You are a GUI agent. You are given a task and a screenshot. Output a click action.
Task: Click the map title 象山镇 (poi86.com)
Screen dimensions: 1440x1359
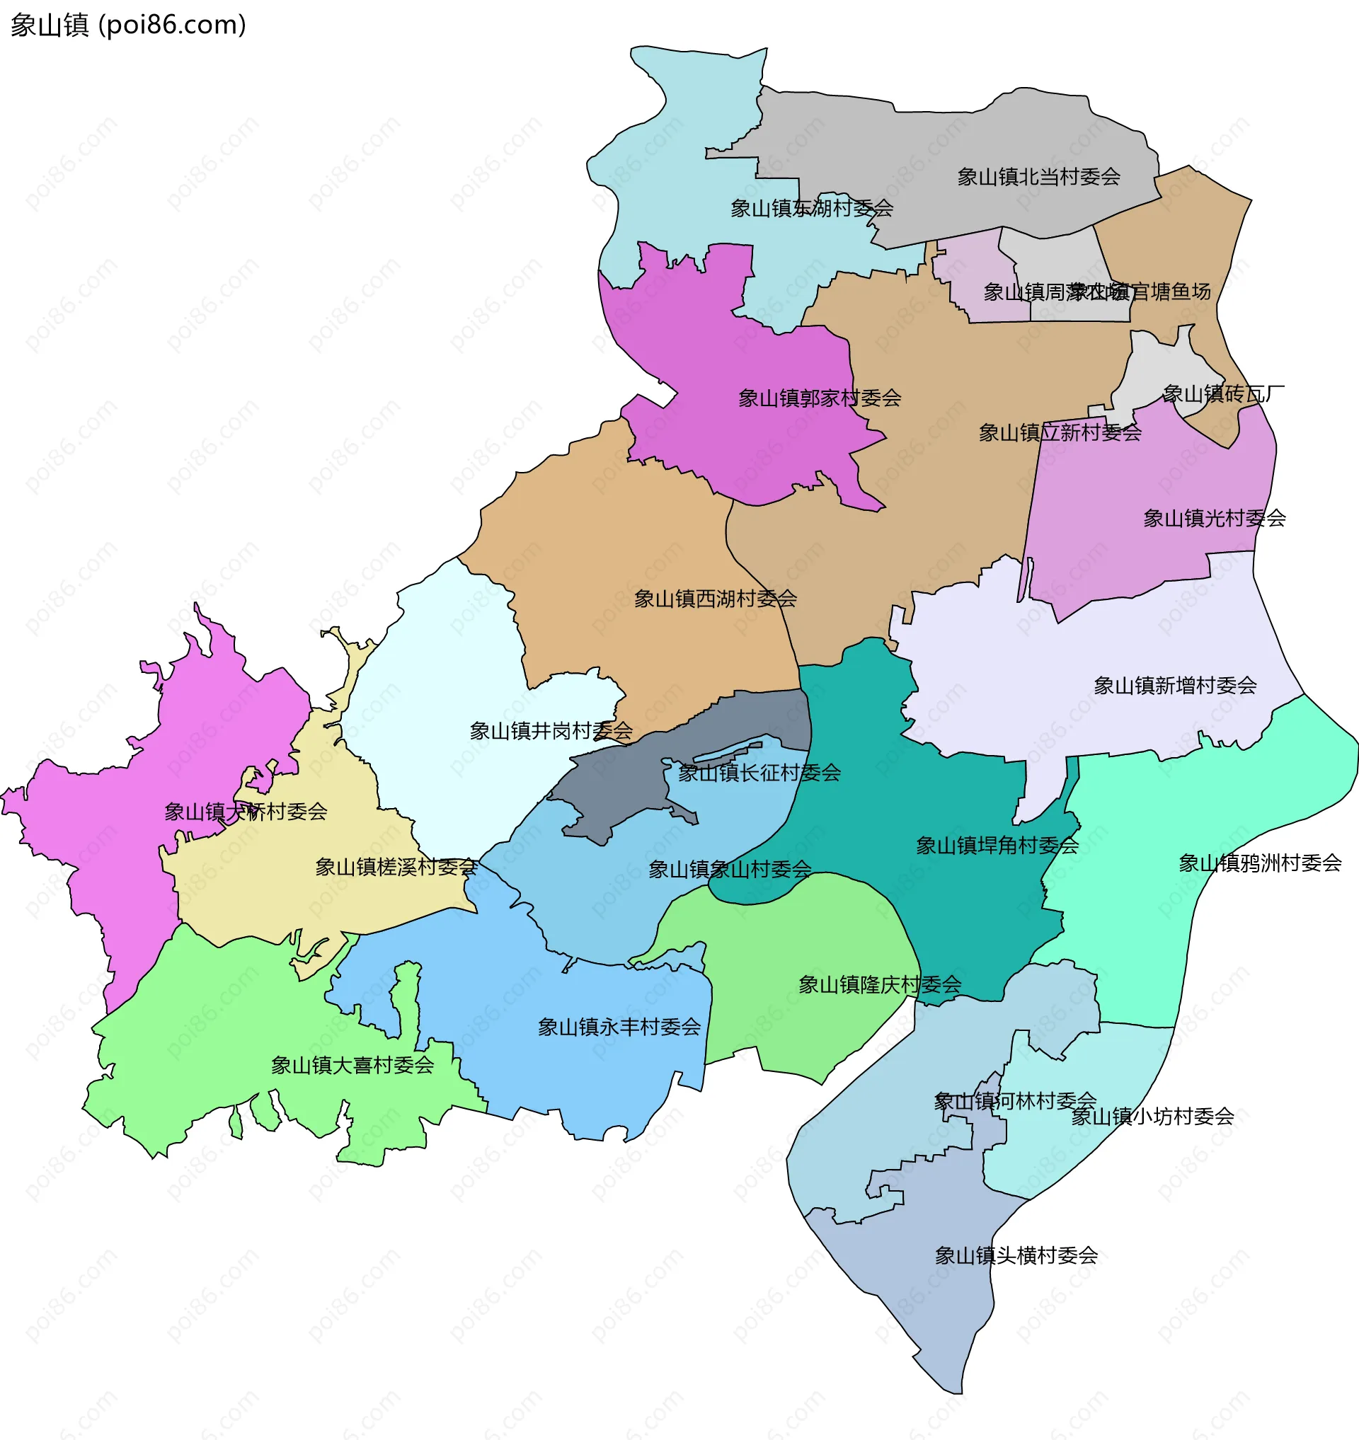tap(128, 25)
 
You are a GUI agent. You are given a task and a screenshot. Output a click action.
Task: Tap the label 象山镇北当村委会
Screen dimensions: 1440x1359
tap(1038, 177)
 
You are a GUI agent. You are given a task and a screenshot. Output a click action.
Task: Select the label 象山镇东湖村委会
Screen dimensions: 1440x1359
tap(810, 209)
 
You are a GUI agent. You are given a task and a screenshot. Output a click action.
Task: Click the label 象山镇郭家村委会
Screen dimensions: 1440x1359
tap(819, 398)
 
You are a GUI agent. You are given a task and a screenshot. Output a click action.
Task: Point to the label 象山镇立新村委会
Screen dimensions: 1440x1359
tap(1059, 433)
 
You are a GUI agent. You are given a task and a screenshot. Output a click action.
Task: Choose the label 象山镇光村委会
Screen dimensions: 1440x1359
tap(1213, 519)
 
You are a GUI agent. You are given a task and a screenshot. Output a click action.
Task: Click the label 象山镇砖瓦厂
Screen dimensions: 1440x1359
tap(1223, 394)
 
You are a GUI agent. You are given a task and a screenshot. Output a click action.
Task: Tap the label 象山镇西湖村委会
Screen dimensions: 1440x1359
tap(715, 599)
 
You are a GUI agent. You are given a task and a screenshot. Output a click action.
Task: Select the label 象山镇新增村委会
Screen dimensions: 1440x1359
tap(1174, 686)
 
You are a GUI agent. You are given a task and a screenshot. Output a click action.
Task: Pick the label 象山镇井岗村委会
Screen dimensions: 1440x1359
tap(551, 731)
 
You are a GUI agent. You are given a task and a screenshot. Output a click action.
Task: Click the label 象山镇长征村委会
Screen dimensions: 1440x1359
tap(759, 773)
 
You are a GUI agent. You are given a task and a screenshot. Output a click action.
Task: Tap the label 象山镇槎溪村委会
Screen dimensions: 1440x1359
tap(396, 867)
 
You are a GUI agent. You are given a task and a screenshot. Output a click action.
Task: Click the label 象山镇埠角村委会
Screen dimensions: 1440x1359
tap(997, 846)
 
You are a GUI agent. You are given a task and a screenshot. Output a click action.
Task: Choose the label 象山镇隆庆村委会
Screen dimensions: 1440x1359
tap(879, 984)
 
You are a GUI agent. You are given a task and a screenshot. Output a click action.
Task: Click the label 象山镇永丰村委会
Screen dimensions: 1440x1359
tap(619, 1027)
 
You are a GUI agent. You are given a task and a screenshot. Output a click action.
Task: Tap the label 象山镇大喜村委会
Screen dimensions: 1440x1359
tap(352, 1066)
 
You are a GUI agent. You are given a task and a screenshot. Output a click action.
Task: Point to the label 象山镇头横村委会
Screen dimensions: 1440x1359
tap(1016, 1255)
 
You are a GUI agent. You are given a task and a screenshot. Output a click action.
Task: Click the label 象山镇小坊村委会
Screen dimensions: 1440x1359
tap(1152, 1116)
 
